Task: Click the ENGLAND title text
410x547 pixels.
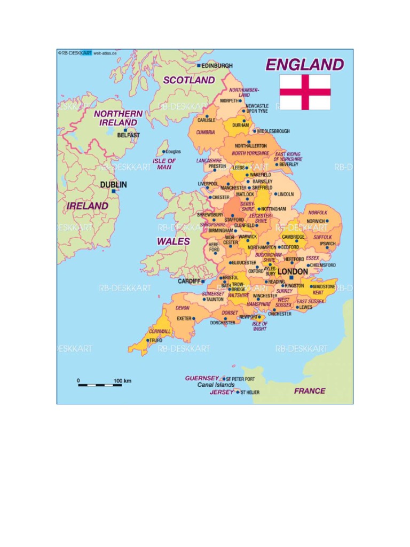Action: point(305,65)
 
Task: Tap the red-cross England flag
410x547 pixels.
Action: point(305,92)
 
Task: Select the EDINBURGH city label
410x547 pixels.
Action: point(217,66)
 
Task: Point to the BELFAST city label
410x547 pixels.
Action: point(128,135)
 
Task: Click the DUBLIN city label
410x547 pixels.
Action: point(114,185)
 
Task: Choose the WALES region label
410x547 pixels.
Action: point(173,241)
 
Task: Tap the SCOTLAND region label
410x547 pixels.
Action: point(189,80)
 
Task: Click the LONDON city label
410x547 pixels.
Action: point(293,272)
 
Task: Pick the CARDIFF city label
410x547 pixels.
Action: point(189,281)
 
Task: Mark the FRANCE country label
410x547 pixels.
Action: point(310,391)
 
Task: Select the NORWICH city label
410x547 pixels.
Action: point(316,221)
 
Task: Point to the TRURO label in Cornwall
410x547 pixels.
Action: point(155,340)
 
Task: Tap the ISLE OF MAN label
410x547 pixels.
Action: point(164,164)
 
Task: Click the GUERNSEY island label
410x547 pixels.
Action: point(202,378)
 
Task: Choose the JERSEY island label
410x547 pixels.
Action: point(221,392)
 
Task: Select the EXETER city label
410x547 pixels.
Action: point(184,319)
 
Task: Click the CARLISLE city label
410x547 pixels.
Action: point(207,121)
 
